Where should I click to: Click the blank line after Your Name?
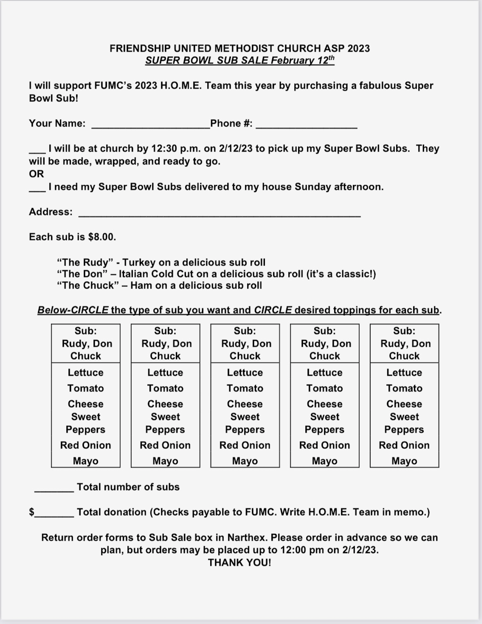pyautogui.click(x=151, y=125)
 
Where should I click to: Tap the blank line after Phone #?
pyautogui.click(x=306, y=125)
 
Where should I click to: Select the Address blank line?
pyautogui.click(x=219, y=213)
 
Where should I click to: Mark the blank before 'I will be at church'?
pyautogui.click(x=37, y=150)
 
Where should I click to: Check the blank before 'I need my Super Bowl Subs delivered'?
pyautogui.click(x=37, y=188)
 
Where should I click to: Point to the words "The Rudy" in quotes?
pyautogui.click(x=85, y=263)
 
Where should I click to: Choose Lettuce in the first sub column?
pyautogui.click(x=85, y=372)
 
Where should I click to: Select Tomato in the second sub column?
pyautogui.click(x=165, y=388)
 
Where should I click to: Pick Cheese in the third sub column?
pyautogui.click(x=245, y=404)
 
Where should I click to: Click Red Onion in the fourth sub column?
pyautogui.click(x=324, y=445)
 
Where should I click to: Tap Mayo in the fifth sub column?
pyautogui.click(x=404, y=461)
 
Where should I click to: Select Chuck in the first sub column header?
pyautogui.click(x=85, y=356)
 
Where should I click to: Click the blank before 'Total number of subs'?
pyautogui.click(x=54, y=489)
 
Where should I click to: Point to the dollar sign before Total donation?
pyautogui.click(x=32, y=512)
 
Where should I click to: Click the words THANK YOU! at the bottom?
pyautogui.click(x=239, y=563)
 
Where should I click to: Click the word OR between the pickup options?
pyautogui.click(x=36, y=174)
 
